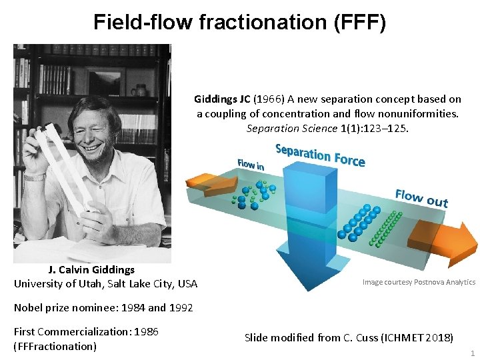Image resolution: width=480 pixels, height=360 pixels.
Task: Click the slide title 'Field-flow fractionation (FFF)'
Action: [239, 22]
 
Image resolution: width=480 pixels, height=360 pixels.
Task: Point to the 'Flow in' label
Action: [251, 164]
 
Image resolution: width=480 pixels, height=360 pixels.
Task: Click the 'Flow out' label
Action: [421, 198]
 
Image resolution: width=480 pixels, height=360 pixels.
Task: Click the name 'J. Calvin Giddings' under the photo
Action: [91, 270]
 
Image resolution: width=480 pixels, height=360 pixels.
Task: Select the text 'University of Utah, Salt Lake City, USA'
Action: [105, 284]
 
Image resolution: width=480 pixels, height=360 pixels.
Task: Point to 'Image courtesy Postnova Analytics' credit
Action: [419, 282]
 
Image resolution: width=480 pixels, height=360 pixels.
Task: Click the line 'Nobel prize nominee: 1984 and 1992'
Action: [103, 307]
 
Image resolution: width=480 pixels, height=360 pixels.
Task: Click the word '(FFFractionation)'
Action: [55, 346]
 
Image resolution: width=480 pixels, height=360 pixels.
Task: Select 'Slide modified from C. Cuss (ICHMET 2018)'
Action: [349, 337]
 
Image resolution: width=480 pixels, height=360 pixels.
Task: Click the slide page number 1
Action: [472, 353]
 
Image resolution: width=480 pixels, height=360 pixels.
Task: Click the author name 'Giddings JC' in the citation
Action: [222, 99]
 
